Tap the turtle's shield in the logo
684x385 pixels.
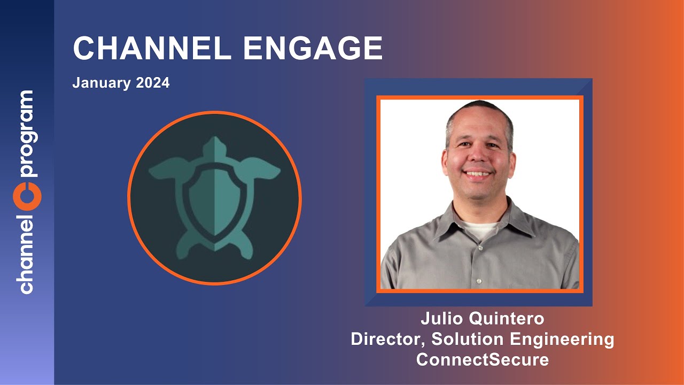[x=214, y=203]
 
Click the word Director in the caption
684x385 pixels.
[x=387, y=339]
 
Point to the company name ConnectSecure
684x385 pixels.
[x=482, y=359]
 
